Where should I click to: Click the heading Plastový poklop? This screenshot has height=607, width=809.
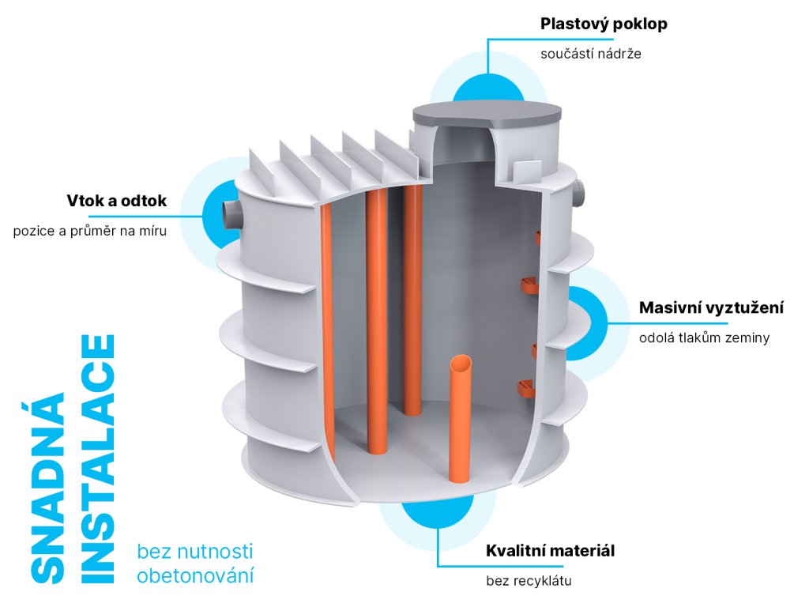(x=604, y=24)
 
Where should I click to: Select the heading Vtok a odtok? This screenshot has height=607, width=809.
(x=117, y=201)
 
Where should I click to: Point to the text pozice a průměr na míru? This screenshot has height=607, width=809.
(x=90, y=232)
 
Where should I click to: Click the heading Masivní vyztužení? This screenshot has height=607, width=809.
(x=711, y=307)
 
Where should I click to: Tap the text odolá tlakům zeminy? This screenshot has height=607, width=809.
(x=704, y=338)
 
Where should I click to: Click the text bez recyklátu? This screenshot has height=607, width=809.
(x=529, y=582)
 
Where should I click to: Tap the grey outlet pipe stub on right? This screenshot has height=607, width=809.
(x=581, y=193)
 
